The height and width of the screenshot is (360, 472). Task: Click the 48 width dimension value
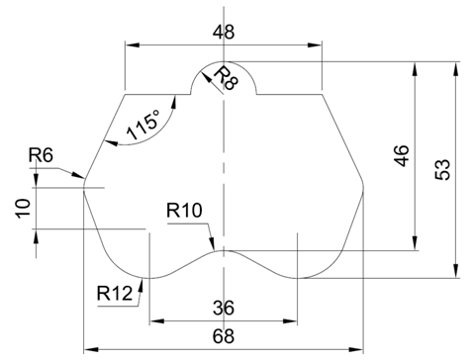click(224, 33)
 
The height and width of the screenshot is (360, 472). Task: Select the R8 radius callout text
click(226, 78)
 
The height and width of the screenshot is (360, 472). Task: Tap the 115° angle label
click(143, 125)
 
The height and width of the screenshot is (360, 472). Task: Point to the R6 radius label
click(41, 155)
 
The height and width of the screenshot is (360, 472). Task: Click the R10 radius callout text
click(184, 211)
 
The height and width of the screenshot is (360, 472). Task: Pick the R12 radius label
click(115, 293)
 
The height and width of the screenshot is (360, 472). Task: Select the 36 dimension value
click(224, 308)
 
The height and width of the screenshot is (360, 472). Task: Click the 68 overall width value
click(224, 336)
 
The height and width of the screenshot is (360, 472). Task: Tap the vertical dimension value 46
click(402, 155)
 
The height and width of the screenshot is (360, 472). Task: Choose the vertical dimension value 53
click(442, 169)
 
